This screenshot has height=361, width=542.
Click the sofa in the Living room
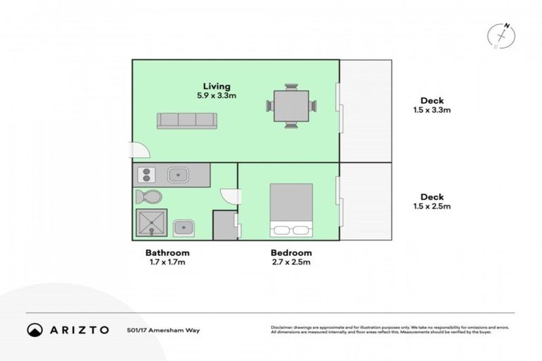pyautogui.click(x=186, y=120)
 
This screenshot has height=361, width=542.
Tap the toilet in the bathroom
pyautogui.click(x=149, y=196)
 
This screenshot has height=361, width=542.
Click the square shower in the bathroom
pyautogui.click(x=150, y=224)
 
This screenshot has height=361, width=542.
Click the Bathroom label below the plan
pyautogui.click(x=167, y=252)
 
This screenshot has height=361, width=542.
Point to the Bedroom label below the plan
pyautogui.click(x=291, y=252)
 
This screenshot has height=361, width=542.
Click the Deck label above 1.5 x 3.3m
pyautogui.click(x=431, y=100)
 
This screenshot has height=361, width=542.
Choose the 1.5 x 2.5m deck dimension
pyautogui.click(x=431, y=207)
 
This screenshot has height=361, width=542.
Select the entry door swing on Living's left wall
pyautogui.click(x=140, y=149)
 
